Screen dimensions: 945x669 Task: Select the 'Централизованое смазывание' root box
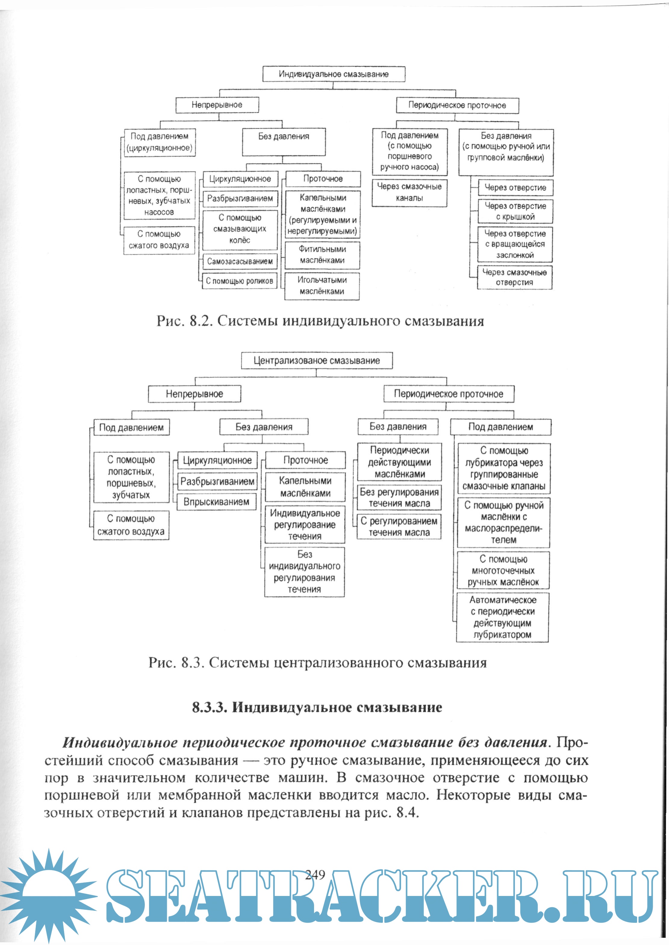coord(316,360)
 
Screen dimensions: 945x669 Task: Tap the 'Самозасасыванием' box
coord(240,261)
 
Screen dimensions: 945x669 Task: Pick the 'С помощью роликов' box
coord(239,281)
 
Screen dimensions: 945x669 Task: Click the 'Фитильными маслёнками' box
coord(322,255)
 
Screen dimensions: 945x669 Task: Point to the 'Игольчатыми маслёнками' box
coord(322,286)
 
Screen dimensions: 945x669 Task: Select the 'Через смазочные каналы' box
coord(409,192)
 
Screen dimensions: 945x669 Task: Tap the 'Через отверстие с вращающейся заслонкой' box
coord(515,244)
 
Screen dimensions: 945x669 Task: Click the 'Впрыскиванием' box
coord(217,502)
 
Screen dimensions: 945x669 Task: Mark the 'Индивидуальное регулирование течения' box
coord(305,525)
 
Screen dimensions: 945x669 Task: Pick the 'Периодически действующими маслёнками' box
coord(399,462)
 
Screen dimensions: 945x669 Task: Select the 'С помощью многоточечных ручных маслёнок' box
coord(503,570)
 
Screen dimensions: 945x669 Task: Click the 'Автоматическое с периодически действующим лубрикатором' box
coord(503,617)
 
